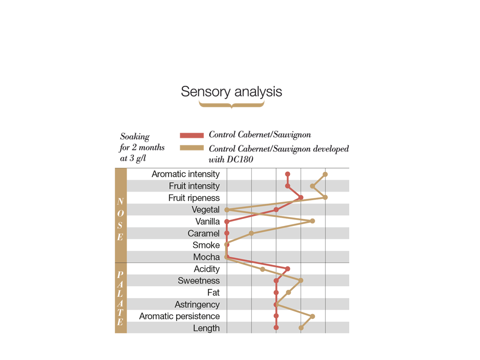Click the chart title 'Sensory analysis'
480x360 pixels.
pos(232,91)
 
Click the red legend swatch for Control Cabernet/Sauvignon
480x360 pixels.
pos(192,135)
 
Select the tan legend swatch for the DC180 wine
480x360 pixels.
pos(192,148)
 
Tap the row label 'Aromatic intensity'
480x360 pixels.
pos(186,174)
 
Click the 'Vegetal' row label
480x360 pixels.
pos(205,210)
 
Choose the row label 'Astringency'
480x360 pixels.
pos(197,305)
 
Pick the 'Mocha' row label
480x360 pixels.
pos(206,257)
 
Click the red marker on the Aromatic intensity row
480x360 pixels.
pos(287,174)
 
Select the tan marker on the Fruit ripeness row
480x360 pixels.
pos(325,197)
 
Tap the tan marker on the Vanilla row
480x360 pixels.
pos(313,221)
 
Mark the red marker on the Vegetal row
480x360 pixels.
pos(276,210)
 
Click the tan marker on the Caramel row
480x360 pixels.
pos(251,233)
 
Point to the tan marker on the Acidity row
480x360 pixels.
pos(262,269)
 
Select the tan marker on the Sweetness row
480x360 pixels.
pos(301,280)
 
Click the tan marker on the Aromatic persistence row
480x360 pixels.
pos(313,316)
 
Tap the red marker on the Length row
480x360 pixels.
pos(276,328)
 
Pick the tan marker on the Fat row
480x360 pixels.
pos(288,292)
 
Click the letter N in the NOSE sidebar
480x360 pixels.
pos(120,202)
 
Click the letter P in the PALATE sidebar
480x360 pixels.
pos(120,275)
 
